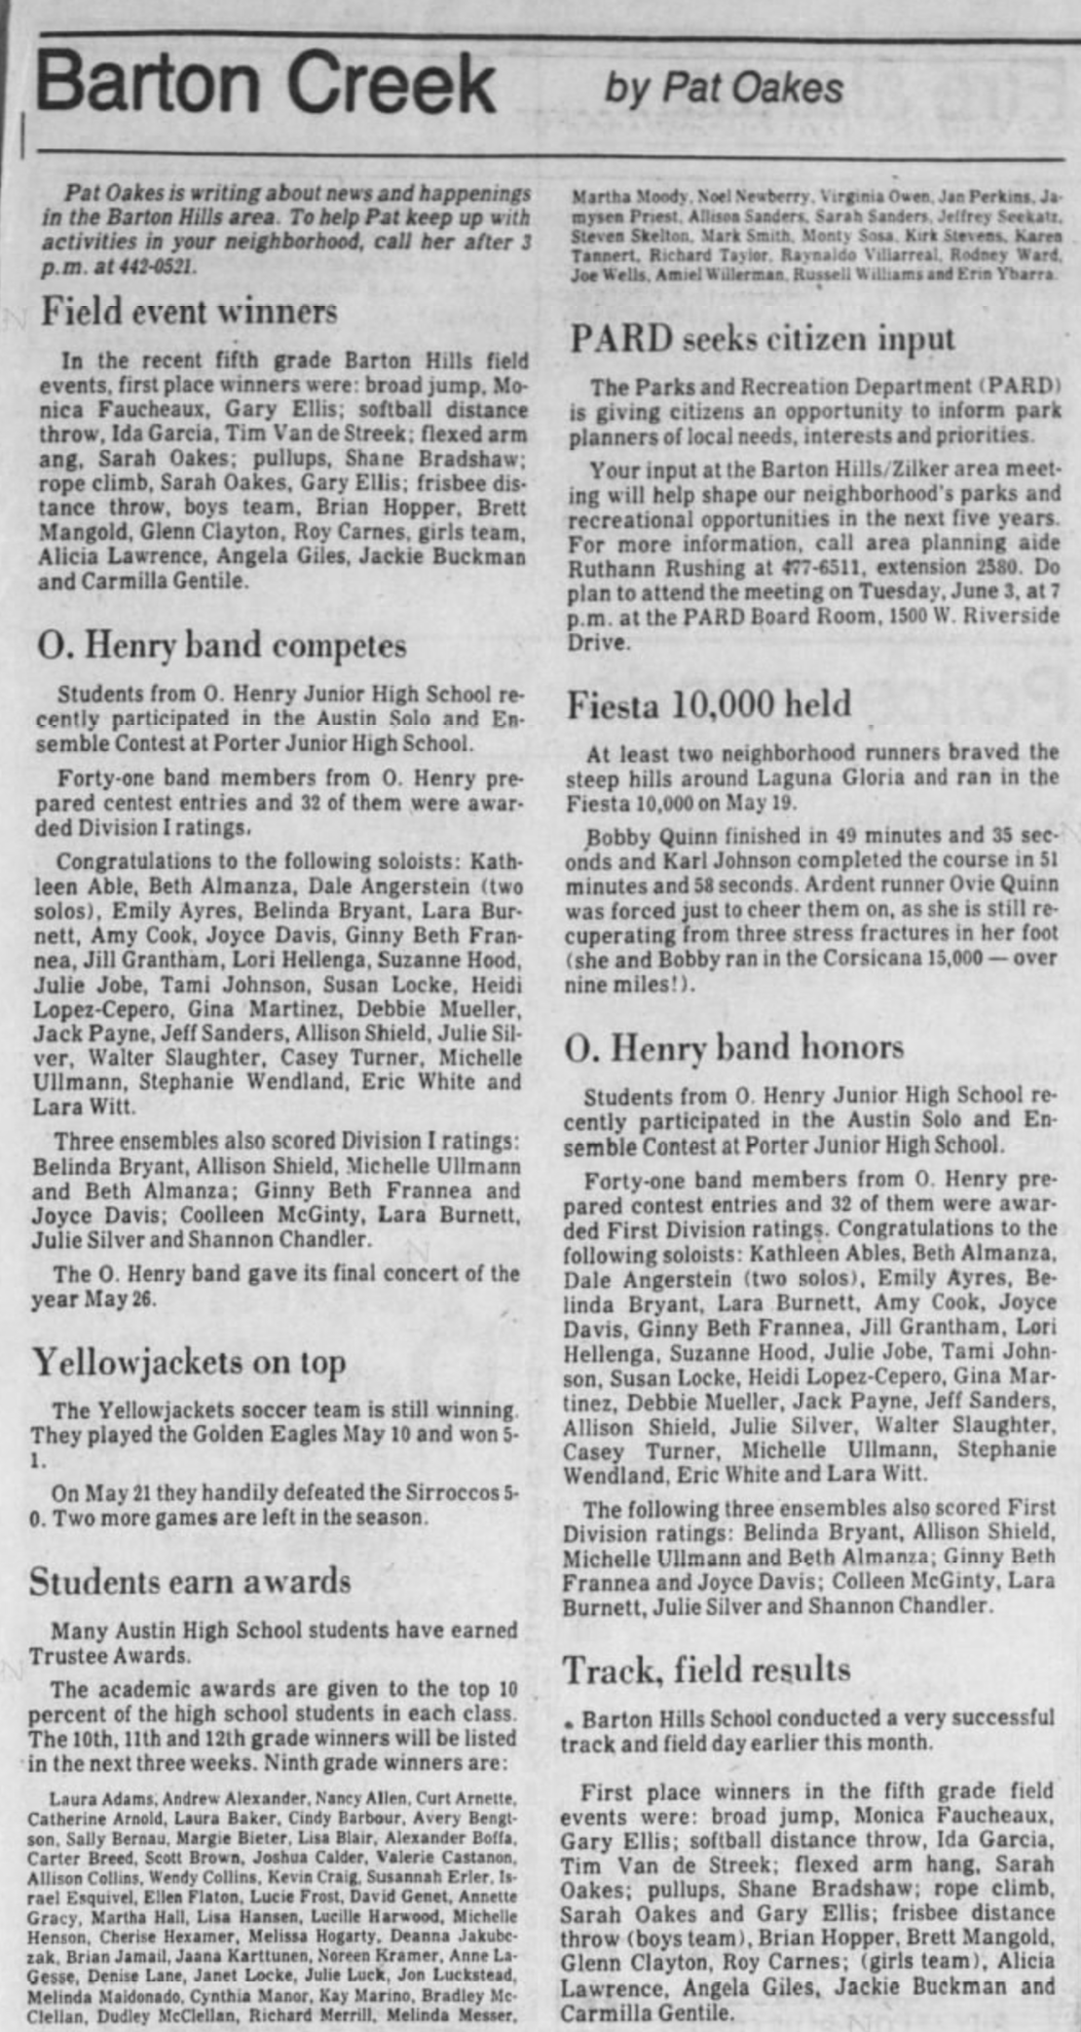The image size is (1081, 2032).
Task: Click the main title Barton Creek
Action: pos(265,84)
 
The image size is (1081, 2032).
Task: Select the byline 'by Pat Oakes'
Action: pos(724,88)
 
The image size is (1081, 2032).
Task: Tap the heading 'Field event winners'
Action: pos(189,312)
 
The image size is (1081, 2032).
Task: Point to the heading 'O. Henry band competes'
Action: pos(222,645)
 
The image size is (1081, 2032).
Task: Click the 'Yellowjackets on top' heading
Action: pos(188,1362)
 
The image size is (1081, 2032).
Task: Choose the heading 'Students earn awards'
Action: pos(190,1580)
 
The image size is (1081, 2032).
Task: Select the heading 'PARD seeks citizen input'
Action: pos(763,338)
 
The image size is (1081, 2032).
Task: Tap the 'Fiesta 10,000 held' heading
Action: pos(709,703)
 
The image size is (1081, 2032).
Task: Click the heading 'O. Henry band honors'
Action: pos(733,1047)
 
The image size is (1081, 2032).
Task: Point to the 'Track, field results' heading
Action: pos(706,1670)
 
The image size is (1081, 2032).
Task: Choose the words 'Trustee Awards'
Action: pos(108,1655)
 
